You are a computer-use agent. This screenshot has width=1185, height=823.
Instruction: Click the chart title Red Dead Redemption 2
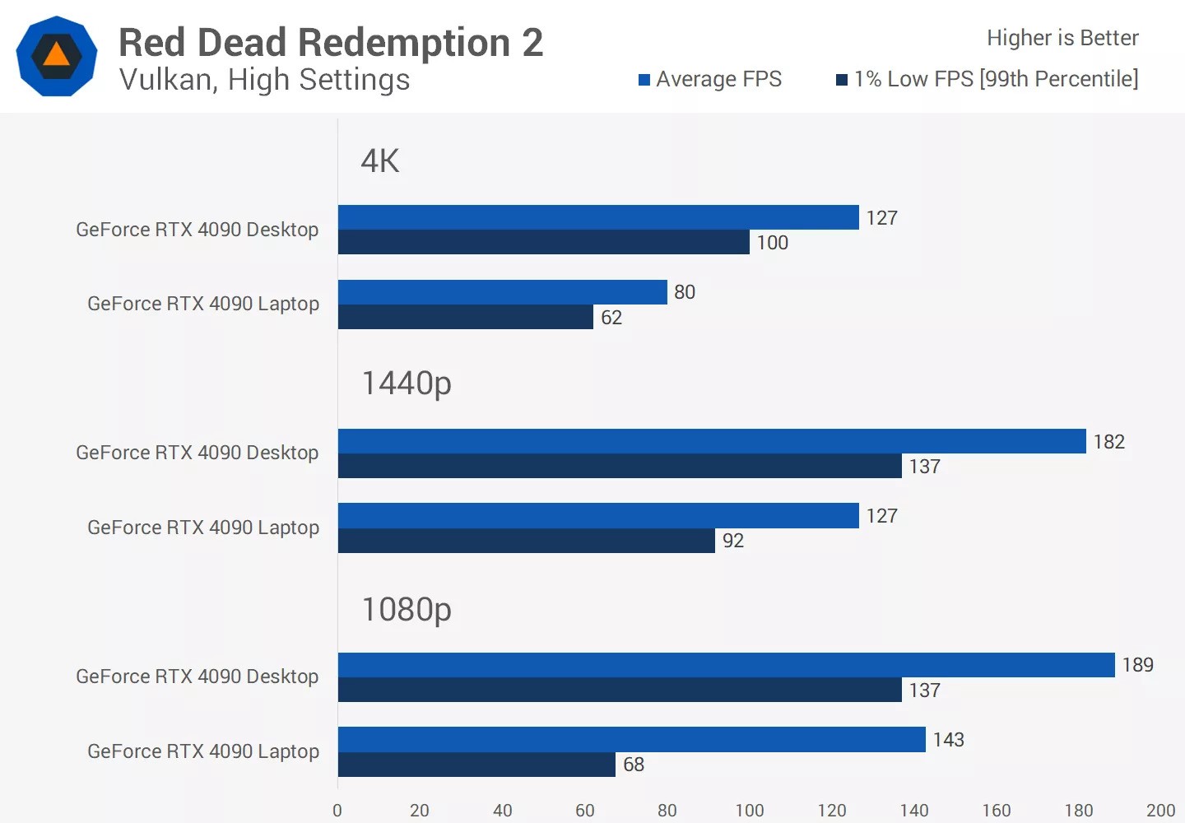tap(331, 43)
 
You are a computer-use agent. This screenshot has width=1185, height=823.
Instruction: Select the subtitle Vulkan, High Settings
tap(264, 80)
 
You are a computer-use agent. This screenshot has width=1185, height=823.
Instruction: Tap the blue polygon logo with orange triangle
tap(56, 56)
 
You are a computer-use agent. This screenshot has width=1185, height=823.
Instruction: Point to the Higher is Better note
tap(1062, 38)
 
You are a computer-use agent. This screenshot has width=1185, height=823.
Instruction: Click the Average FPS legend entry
tap(710, 79)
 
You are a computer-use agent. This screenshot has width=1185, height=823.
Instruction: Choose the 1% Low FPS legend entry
tap(987, 79)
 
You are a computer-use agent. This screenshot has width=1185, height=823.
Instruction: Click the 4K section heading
tap(379, 160)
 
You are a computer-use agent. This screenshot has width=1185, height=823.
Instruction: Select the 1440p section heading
tap(407, 383)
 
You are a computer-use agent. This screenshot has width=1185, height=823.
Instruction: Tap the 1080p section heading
tap(407, 609)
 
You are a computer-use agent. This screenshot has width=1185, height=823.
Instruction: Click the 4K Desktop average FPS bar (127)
tap(598, 217)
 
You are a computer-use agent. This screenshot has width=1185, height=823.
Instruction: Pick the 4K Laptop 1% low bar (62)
tap(465, 317)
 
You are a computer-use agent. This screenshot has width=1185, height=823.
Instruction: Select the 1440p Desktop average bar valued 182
tap(712, 441)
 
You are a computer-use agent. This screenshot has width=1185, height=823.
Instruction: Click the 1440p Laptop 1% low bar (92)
tap(526, 541)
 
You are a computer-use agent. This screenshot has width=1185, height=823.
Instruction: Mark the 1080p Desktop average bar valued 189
tap(726, 665)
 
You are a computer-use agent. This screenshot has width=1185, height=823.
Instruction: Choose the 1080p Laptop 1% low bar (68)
tap(476, 765)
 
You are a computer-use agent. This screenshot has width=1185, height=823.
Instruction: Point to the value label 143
tap(948, 740)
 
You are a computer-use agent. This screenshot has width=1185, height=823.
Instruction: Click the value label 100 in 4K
tap(772, 243)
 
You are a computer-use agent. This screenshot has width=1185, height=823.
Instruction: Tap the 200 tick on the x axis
tap(1160, 811)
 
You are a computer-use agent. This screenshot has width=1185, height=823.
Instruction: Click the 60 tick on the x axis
tap(584, 811)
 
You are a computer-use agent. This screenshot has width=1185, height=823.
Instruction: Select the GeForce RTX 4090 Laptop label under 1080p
tap(203, 751)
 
